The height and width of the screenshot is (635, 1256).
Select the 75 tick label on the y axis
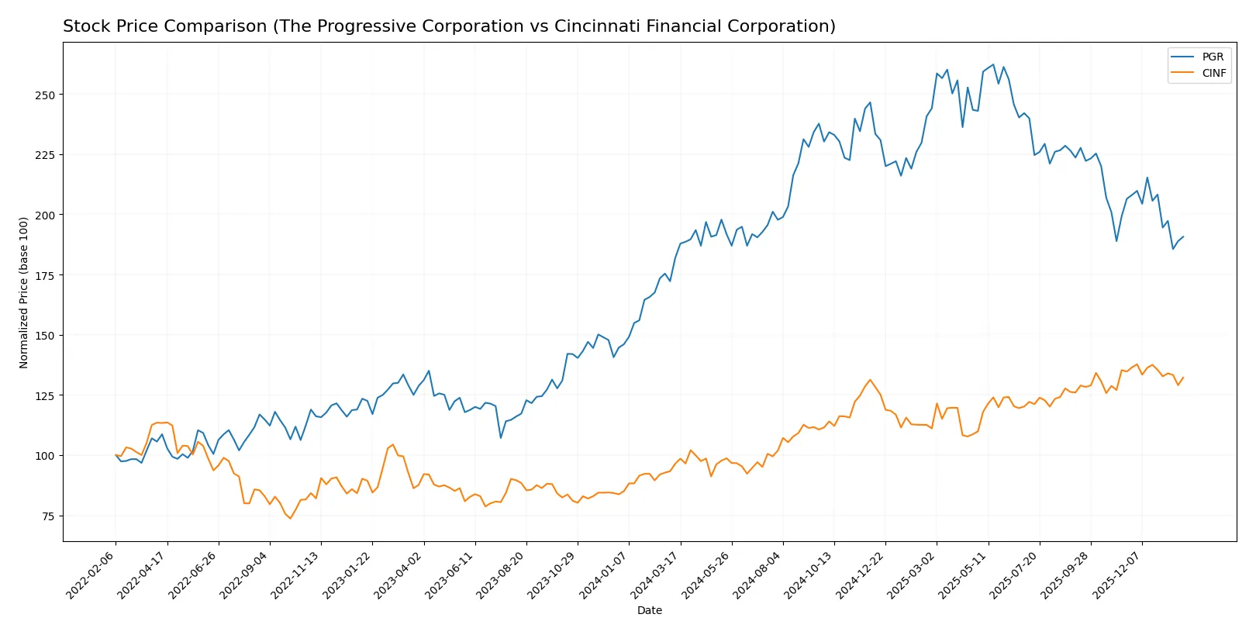coord(47,516)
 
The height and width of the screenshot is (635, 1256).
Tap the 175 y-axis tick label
coord(45,275)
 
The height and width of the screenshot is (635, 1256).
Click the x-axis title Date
coord(649,610)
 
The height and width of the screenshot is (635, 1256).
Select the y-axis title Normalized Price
coord(24,292)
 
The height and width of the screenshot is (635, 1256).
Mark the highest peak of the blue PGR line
coord(993,64)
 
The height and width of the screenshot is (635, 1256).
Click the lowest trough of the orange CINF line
coord(291,519)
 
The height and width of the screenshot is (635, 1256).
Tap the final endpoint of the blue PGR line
coord(1183,236)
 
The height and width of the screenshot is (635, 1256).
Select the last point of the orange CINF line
coord(1183,378)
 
